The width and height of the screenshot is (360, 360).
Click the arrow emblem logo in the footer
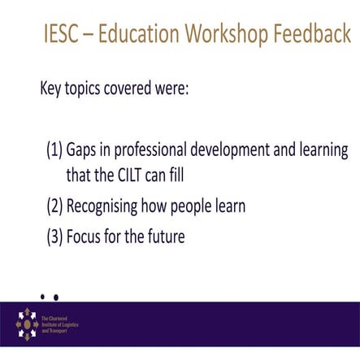tap(28, 323)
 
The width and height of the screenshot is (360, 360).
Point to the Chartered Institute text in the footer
tap(68, 324)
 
